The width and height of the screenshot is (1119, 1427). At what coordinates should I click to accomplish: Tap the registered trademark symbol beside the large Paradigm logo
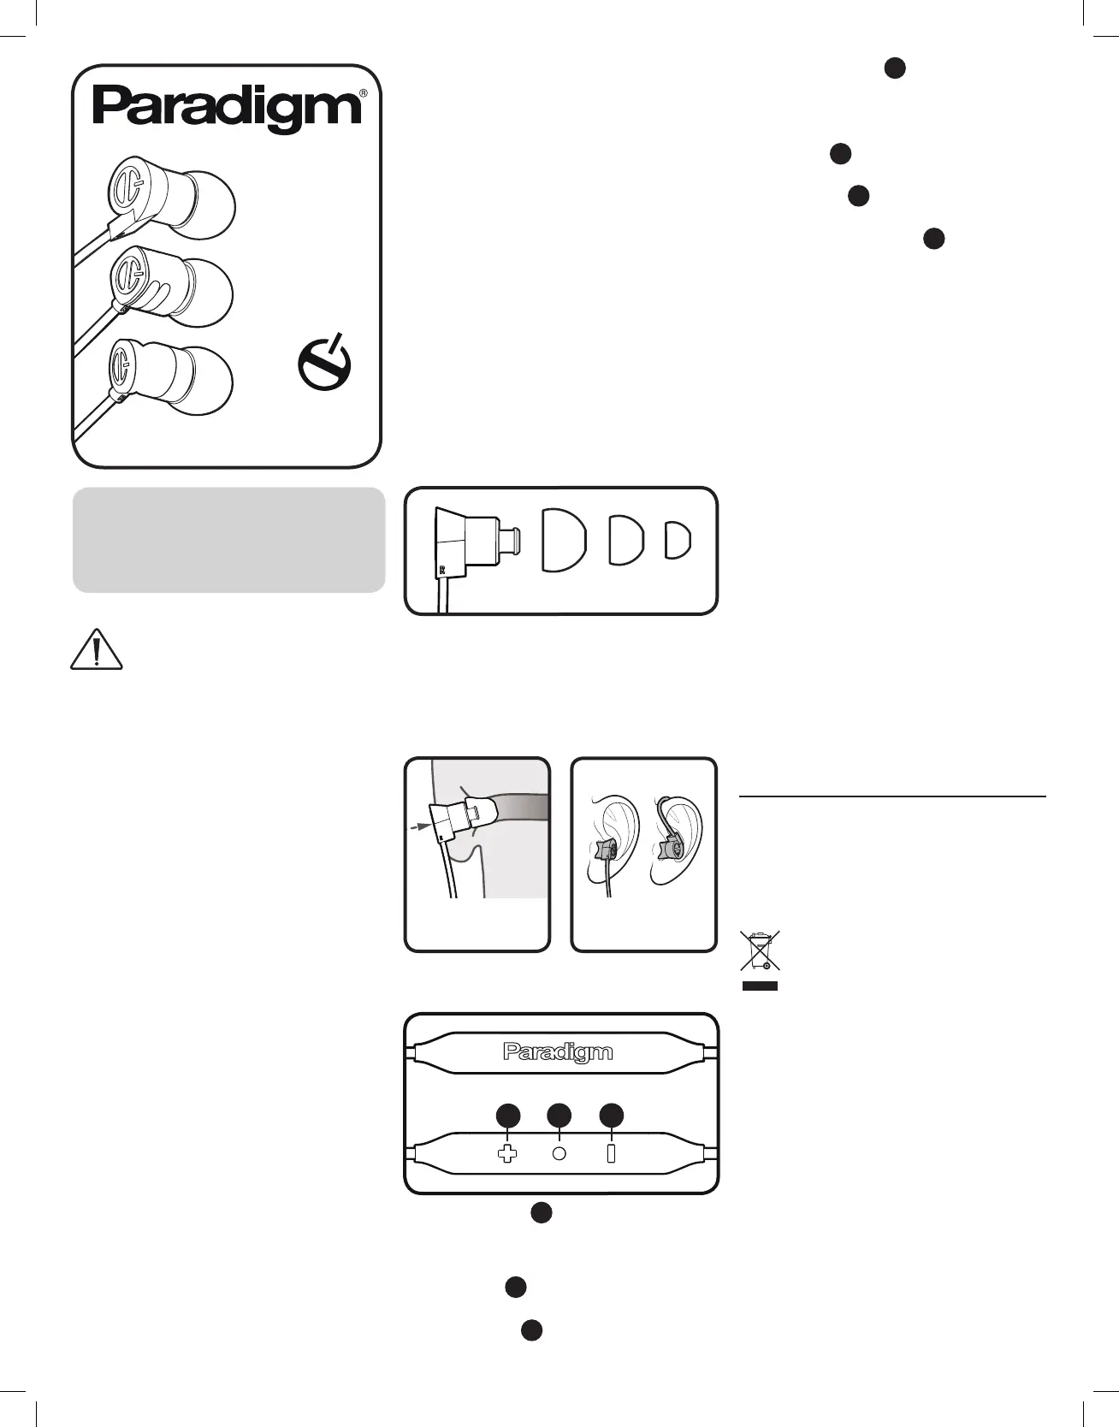pyautogui.click(x=364, y=93)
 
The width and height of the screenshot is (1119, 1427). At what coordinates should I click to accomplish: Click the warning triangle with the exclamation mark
pyautogui.click(x=96, y=650)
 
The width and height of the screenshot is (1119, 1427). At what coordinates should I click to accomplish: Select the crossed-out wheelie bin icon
pyautogui.click(x=760, y=951)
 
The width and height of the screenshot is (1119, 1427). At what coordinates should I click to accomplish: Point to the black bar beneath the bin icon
pyautogui.click(x=760, y=986)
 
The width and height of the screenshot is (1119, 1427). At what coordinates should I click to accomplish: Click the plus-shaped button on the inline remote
pyautogui.click(x=507, y=1153)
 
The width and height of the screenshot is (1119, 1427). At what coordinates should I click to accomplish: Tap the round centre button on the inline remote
pyautogui.click(x=559, y=1153)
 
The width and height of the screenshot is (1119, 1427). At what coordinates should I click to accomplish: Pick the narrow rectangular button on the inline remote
pyautogui.click(x=611, y=1153)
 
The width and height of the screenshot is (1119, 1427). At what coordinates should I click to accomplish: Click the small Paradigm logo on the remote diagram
pyautogui.click(x=558, y=1052)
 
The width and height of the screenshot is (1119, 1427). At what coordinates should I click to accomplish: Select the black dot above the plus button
pyautogui.click(x=508, y=1116)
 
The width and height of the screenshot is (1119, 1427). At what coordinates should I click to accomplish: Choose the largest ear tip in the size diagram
pyautogui.click(x=564, y=540)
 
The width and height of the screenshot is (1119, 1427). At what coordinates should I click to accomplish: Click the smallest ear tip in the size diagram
pyautogui.click(x=678, y=540)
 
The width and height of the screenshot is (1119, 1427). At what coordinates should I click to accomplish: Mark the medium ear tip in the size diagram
pyautogui.click(x=625, y=540)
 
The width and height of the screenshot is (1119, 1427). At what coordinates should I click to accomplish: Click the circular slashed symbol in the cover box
pyautogui.click(x=324, y=364)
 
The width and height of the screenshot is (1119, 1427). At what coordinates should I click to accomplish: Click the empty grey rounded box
pyautogui.click(x=228, y=540)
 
